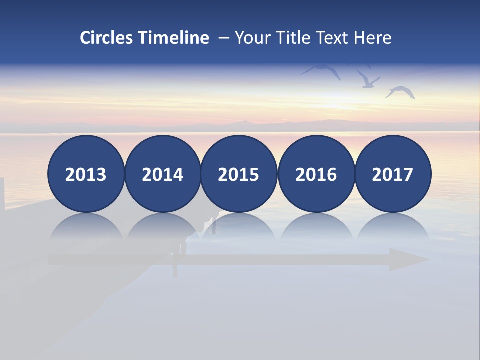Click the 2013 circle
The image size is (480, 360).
point(86,174)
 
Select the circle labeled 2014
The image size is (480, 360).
point(163,174)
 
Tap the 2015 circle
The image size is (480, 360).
point(239,174)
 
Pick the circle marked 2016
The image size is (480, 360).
point(316,174)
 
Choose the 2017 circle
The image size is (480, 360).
point(393,174)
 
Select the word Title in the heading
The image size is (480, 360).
point(295,38)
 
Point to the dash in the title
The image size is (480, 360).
point(223,38)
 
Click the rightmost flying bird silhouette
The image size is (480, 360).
point(400,92)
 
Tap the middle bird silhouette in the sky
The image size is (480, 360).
point(368,80)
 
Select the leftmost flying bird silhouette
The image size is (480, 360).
point(322,71)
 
